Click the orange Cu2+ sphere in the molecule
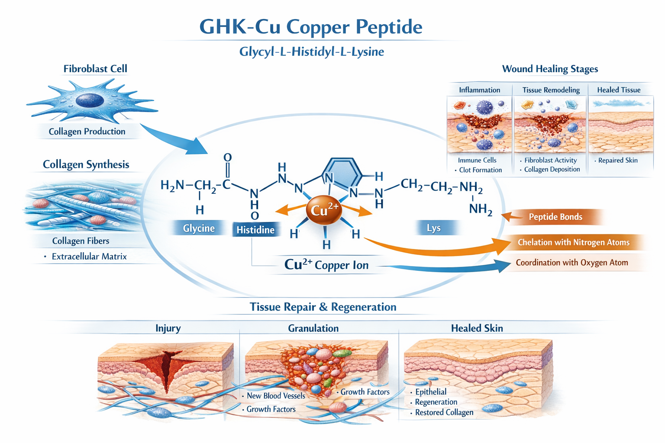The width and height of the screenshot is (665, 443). (324, 210)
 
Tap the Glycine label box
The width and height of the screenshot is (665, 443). (199, 228)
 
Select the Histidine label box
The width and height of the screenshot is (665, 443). (255, 230)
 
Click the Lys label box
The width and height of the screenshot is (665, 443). (433, 228)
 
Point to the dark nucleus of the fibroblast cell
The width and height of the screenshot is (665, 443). (90, 100)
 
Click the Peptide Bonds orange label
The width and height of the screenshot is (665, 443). (555, 217)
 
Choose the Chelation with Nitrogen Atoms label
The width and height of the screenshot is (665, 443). (573, 242)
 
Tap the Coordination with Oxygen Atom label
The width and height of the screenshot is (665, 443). (571, 263)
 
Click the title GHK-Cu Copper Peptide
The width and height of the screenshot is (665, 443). (310, 27)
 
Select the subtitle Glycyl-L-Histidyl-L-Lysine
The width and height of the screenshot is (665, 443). (312, 52)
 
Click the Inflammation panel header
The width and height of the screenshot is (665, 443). (479, 90)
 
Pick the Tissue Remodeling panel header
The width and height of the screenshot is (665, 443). (551, 90)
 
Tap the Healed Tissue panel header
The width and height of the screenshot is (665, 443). (619, 90)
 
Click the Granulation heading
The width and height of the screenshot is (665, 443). (313, 328)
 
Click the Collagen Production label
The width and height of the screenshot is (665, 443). (87, 132)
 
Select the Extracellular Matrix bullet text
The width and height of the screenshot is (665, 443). (89, 257)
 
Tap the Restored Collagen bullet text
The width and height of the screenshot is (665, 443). (444, 413)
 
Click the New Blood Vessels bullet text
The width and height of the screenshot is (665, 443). (276, 396)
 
